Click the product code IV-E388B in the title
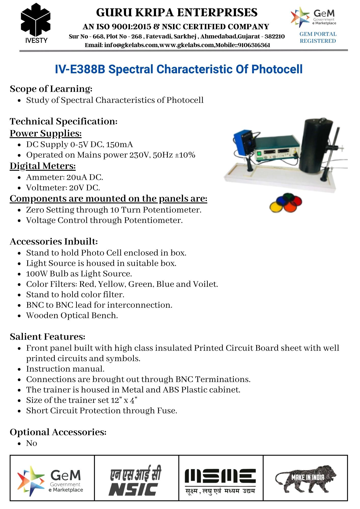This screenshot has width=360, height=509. (80, 69)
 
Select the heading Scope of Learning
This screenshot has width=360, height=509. (51, 89)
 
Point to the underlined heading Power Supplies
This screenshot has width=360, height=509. (46, 133)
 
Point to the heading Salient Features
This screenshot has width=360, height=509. (47, 337)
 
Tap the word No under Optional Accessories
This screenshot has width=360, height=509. (32, 443)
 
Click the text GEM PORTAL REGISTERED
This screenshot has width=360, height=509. (318, 37)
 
